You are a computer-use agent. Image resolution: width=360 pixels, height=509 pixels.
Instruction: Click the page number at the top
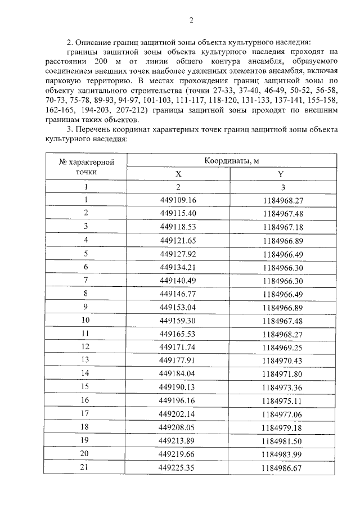[191, 21]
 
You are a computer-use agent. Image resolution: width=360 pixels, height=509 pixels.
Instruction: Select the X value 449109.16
[178, 200]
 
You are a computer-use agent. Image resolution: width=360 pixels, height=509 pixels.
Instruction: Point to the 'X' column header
[178, 174]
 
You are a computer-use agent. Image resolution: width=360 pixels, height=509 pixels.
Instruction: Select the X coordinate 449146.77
[178, 294]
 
